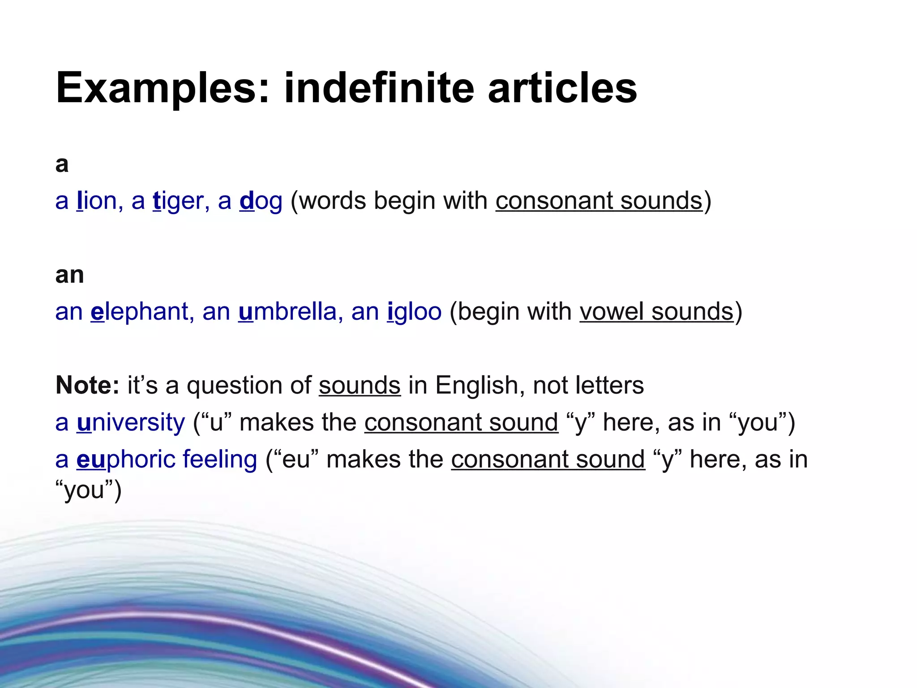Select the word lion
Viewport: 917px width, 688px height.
coord(97,201)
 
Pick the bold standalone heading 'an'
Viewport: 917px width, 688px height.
coord(69,275)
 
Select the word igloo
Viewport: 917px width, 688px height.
coord(414,312)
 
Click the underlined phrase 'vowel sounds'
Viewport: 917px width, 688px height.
coord(656,311)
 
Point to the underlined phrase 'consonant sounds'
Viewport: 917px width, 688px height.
coord(599,201)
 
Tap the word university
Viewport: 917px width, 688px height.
coord(131,422)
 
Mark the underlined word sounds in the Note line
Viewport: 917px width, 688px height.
coord(360,385)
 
